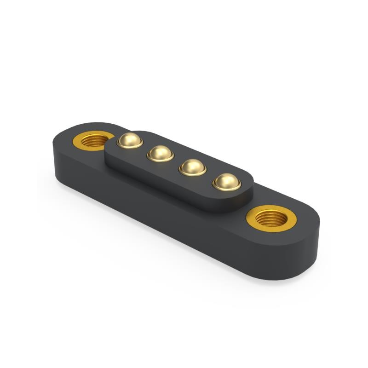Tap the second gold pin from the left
click(x=160, y=153)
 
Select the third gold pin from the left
click(x=192, y=167)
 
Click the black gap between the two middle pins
click(x=176, y=161)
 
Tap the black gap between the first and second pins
click(x=144, y=147)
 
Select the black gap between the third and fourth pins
click(x=209, y=175)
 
